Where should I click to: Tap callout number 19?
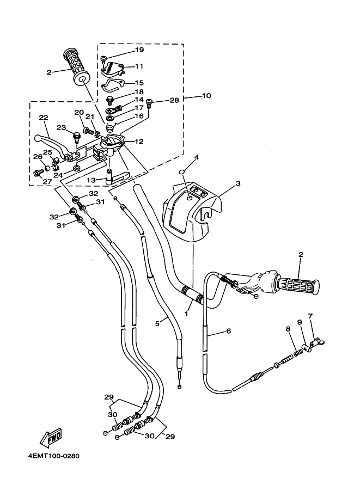click(139, 50)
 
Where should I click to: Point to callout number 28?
click(174, 100)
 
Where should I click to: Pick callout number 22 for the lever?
click(44, 117)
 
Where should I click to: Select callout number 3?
click(238, 184)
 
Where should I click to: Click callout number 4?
click(197, 158)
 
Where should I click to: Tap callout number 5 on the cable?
click(157, 323)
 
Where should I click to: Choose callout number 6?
click(229, 331)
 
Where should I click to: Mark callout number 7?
click(310, 316)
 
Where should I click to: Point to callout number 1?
click(187, 314)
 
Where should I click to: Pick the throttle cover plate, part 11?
click(113, 68)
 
